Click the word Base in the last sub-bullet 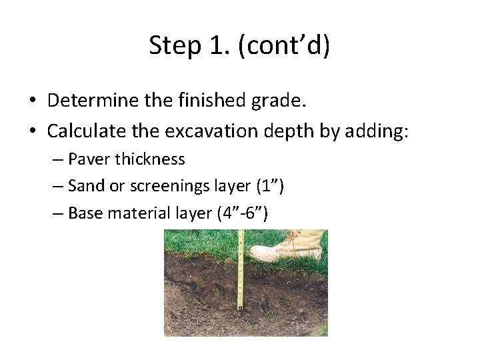point(84,213)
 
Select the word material point(133,213)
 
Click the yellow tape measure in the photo point(241,273)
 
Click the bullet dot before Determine point(32,101)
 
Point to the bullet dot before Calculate point(32,131)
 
